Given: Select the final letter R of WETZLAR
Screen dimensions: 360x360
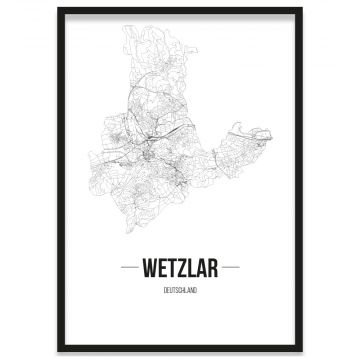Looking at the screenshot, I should [x=213, y=268].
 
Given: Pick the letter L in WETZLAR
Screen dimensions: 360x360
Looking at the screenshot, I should [x=190, y=268].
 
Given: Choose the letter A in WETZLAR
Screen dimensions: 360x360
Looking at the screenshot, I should [x=201, y=268].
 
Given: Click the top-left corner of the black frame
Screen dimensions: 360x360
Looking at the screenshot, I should [x=59, y=9].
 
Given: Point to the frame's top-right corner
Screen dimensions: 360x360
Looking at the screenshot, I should [x=301, y=9].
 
